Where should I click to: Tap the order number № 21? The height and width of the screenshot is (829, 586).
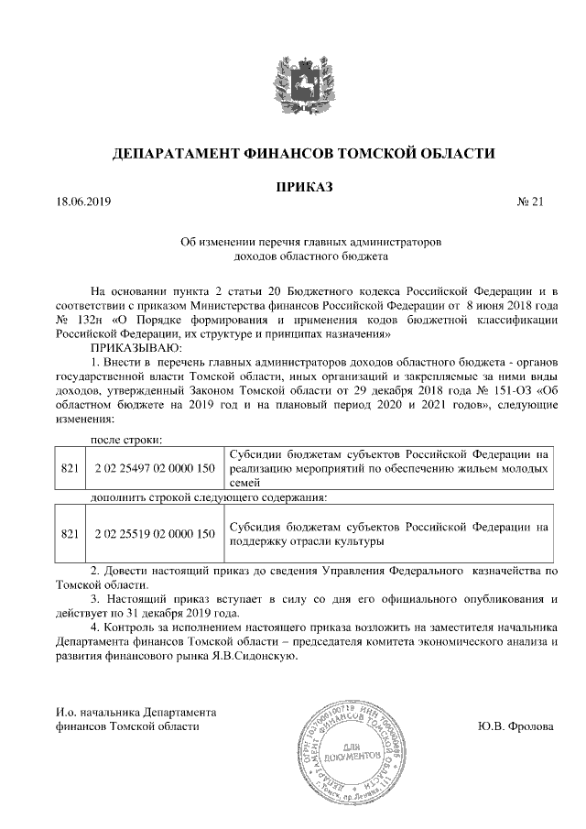[x=531, y=202]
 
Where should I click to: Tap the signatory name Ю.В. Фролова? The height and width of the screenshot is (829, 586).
[x=515, y=725]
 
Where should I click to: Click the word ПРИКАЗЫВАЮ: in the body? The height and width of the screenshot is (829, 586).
[x=136, y=349]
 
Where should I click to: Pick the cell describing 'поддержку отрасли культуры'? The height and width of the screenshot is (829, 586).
[x=388, y=534]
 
